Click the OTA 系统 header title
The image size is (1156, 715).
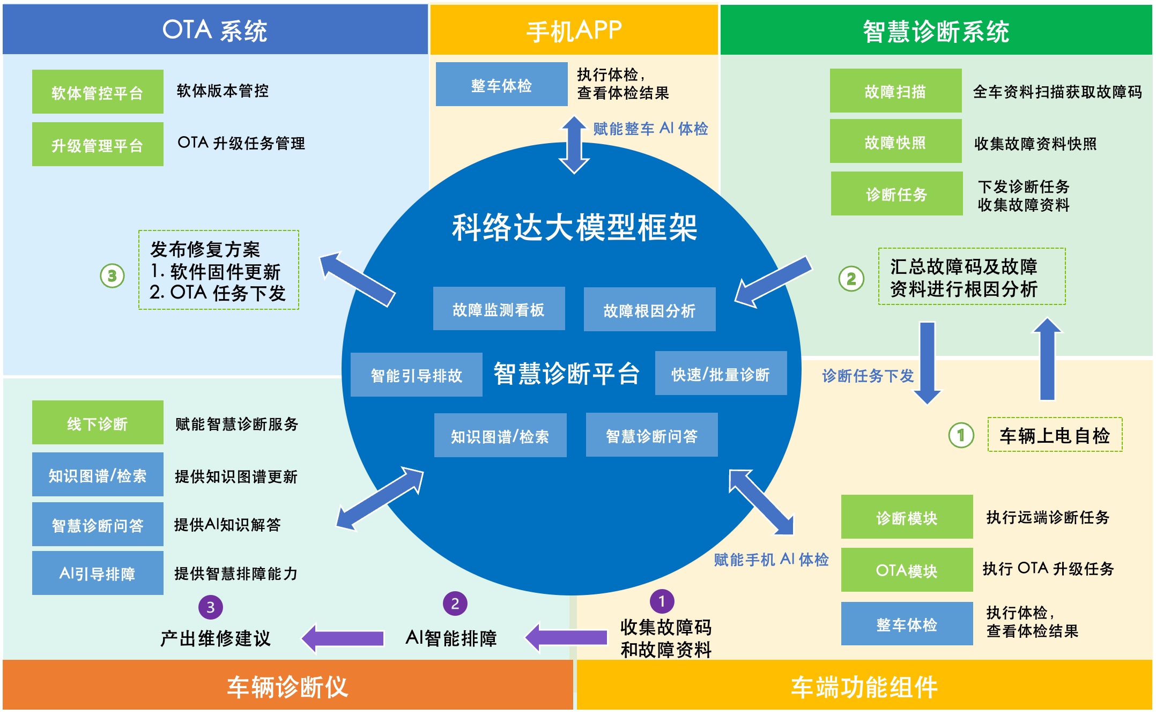(x=214, y=30)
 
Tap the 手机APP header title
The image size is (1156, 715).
(x=574, y=31)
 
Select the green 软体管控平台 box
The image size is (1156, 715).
(x=98, y=92)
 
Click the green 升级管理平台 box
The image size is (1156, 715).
(x=98, y=145)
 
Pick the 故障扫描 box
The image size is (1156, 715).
(x=895, y=91)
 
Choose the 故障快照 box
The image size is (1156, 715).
(x=895, y=142)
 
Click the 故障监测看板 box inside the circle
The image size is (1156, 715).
(x=499, y=309)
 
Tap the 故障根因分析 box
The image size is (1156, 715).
(x=649, y=310)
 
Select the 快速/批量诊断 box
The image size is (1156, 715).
(x=721, y=374)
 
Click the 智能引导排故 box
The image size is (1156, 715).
(x=416, y=375)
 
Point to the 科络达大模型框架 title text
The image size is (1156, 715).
(x=574, y=227)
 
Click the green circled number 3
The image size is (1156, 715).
(x=112, y=276)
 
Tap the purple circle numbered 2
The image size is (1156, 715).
(x=455, y=604)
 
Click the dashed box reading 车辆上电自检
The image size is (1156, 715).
(x=1055, y=435)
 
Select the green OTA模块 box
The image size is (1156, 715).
(x=907, y=570)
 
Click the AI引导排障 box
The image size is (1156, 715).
(x=98, y=574)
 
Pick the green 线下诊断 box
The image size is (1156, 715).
(x=98, y=423)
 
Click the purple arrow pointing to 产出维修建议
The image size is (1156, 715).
(x=343, y=638)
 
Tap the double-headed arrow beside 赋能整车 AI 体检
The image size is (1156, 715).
(x=574, y=145)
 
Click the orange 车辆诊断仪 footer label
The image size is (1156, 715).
(x=287, y=687)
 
